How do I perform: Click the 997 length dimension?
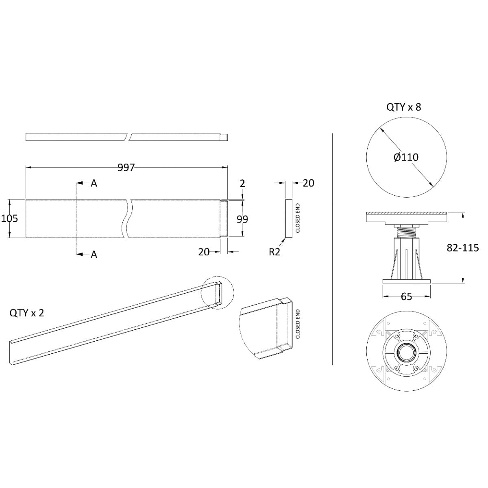[x=126, y=168]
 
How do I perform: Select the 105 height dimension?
[x=10, y=218]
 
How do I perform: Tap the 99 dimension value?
[x=242, y=219]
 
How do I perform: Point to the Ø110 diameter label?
[x=406, y=157]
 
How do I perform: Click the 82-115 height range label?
[x=463, y=248]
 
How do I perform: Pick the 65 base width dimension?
[x=406, y=296]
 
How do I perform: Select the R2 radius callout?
[x=274, y=252]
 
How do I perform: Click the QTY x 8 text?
[x=404, y=107]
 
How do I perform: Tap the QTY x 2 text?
[x=27, y=313]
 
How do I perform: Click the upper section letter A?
[x=94, y=183]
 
